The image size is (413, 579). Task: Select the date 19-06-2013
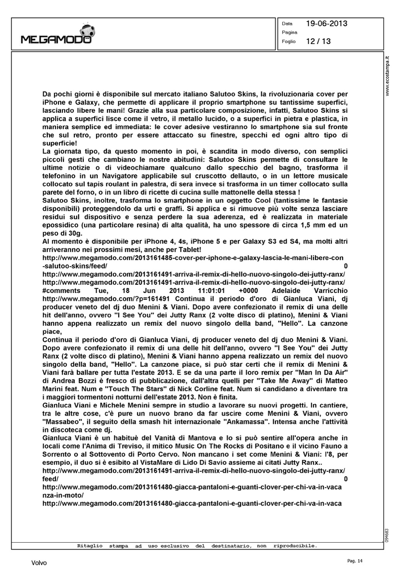pos(326,24)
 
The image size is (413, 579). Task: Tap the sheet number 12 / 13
pos(318,41)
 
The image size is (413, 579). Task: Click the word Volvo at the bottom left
pos(39,563)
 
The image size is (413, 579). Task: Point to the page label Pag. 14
pos(355,561)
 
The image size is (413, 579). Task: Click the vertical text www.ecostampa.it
pos(389,77)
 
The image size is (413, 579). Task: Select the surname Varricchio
pos(328,291)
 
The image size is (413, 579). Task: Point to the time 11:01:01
pos(211,291)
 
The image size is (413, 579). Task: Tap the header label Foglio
pos(289,41)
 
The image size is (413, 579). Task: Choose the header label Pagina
pos(289,32)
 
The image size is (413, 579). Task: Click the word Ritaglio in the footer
pos(90,546)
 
